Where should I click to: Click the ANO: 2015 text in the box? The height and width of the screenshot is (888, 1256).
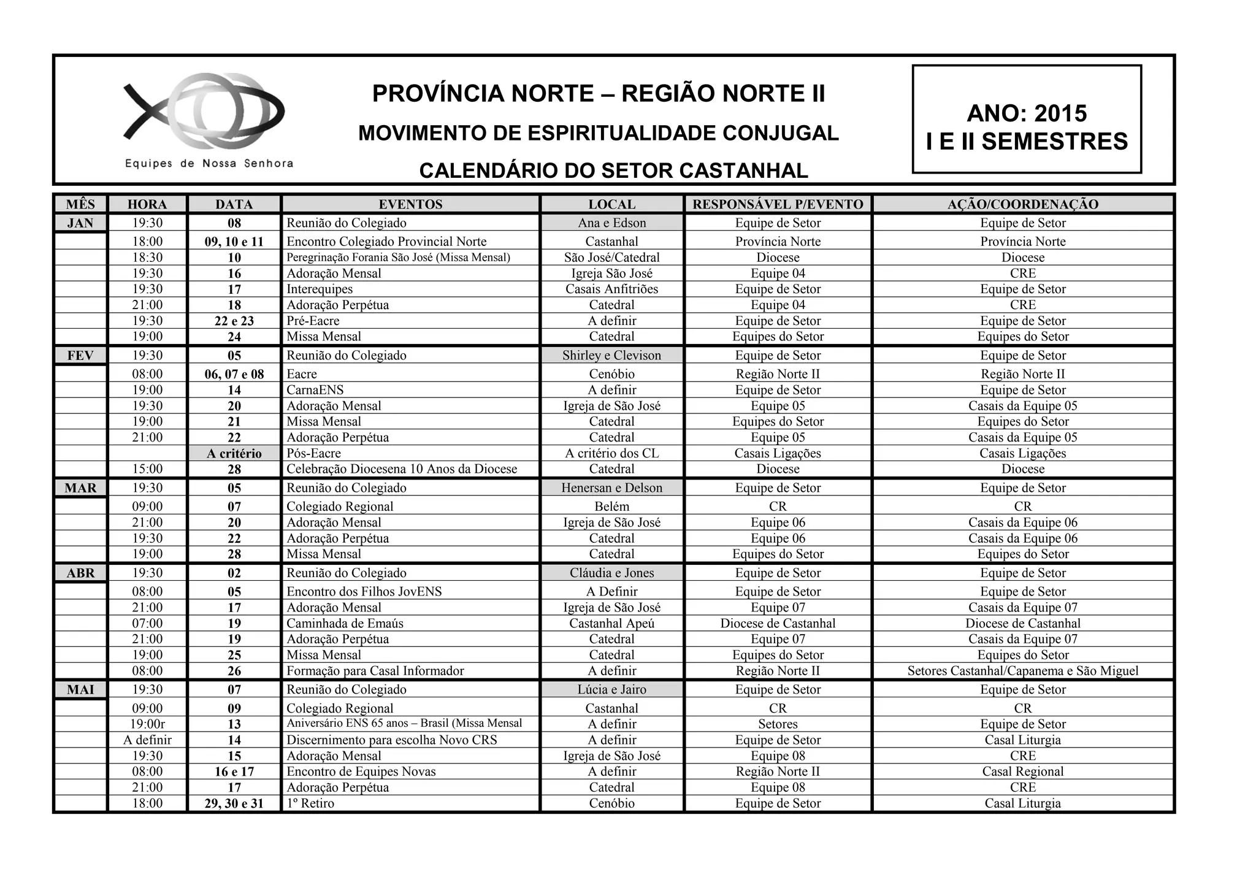tap(1026, 113)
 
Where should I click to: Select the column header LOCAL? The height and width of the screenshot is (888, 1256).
tap(611, 204)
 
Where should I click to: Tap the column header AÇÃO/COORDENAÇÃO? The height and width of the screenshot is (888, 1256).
tap(1022, 204)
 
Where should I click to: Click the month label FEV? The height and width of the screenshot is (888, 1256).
tap(80, 356)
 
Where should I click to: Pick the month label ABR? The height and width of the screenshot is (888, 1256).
tap(80, 573)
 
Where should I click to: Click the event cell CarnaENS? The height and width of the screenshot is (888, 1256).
tap(315, 390)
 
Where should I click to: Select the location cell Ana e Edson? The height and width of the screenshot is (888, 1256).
tap(611, 223)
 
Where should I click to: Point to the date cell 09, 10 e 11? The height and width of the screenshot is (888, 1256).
tap(234, 242)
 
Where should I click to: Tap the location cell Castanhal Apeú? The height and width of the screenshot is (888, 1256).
tap(611, 624)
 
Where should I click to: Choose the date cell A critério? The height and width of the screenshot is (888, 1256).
tap(234, 453)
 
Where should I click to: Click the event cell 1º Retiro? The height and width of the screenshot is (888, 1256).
tap(310, 803)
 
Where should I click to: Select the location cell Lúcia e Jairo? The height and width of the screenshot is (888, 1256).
tap(611, 690)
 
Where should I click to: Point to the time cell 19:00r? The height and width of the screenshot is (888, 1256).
tap(147, 724)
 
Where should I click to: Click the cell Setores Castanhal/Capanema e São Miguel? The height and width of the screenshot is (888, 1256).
tap(1022, 671)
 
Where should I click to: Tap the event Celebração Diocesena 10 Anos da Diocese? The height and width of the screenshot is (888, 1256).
tap(402, 469)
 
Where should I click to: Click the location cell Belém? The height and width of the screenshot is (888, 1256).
tap(611, 507)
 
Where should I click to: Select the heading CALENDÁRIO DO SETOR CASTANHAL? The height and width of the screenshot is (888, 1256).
tap(613, 170)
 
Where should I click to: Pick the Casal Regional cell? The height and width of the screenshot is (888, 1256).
tap(1022, 771)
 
